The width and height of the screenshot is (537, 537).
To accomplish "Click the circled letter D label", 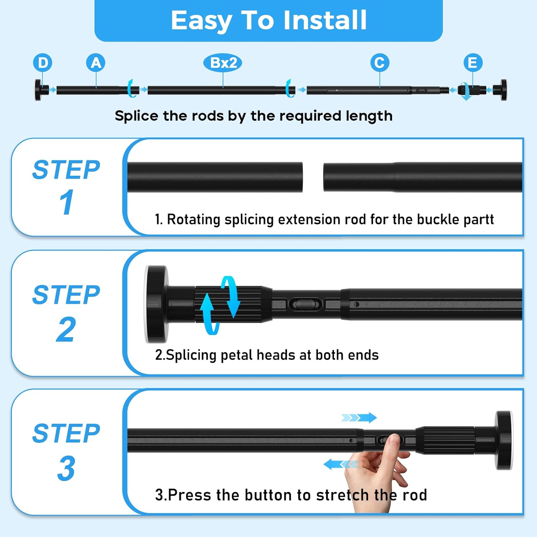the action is click(43, 63).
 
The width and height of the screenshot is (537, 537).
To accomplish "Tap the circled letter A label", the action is click(96, 63).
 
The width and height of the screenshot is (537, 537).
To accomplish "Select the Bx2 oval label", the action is click(223, 63).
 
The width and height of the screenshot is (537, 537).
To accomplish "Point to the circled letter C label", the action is click(379, 63).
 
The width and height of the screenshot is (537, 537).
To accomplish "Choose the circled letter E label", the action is click(473, 63).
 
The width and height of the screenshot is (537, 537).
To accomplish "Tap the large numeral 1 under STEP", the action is click(67, 202).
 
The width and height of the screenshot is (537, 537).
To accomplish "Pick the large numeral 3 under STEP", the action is click(66, 468).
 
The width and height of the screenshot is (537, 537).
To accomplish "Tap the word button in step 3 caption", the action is click(270, 495).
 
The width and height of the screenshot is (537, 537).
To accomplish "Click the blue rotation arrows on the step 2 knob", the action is click(219, 305).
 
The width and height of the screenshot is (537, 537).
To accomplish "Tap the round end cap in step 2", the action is click(156, 304).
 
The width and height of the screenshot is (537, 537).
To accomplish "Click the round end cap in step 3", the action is click(504, 440).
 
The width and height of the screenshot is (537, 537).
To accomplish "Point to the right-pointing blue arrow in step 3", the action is click(359, 417).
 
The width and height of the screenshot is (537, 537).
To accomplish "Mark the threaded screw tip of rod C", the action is click(444, 90).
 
